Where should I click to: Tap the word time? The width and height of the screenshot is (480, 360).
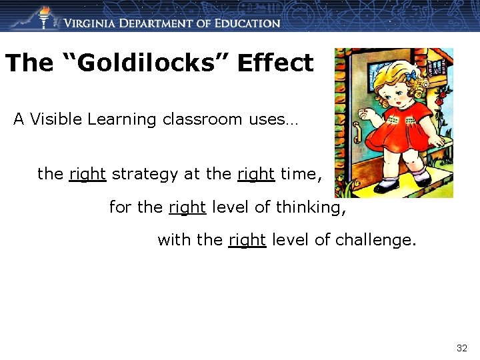(x=301, y=175)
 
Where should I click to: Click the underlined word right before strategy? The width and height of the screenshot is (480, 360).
(x=87, y=175)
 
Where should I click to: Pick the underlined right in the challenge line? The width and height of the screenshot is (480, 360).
(x=247, y=239)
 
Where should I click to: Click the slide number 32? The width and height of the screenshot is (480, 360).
(x=461, y=348)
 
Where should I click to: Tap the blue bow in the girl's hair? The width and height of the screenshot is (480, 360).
(x=412, y=73)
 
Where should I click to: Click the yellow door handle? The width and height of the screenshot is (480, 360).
(x=357, y=133)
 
